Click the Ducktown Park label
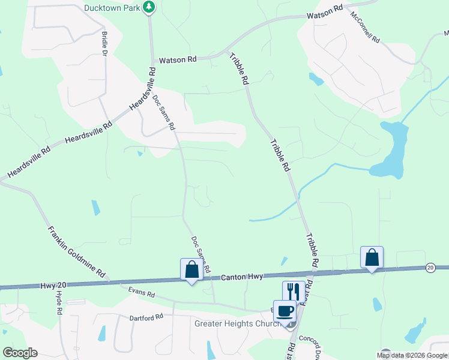(112, 8)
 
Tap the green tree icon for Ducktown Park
(149, 7)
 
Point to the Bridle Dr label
(104, 44)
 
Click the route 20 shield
(430, 266)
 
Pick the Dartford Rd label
(146, 317)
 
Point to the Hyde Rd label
(59, 304)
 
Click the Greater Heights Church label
(237, 325)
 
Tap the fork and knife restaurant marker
(294, 292)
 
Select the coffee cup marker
(285, 311)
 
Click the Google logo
(20, 353)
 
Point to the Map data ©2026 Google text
(412, 355)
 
